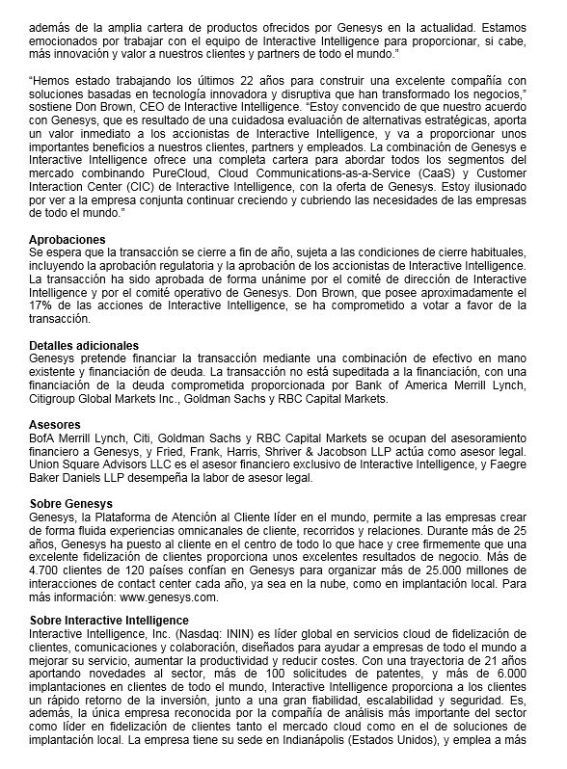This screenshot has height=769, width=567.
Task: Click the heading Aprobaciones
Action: (x=67, y=239)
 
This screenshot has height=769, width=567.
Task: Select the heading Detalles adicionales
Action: (x=84, y=345)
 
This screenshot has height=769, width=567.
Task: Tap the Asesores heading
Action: (x=55, y=424)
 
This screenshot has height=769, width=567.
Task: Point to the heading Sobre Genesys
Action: (x=70, y=504)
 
